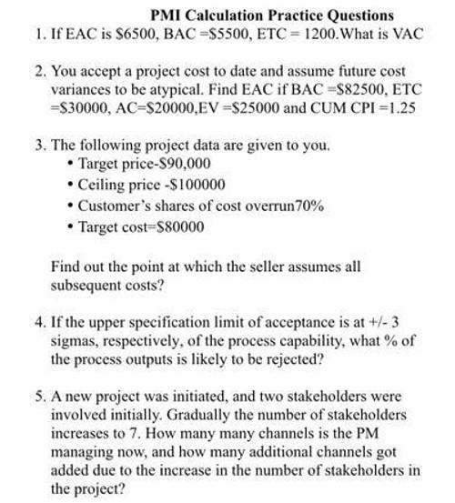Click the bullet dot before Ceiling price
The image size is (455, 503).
tap(71, 185)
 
